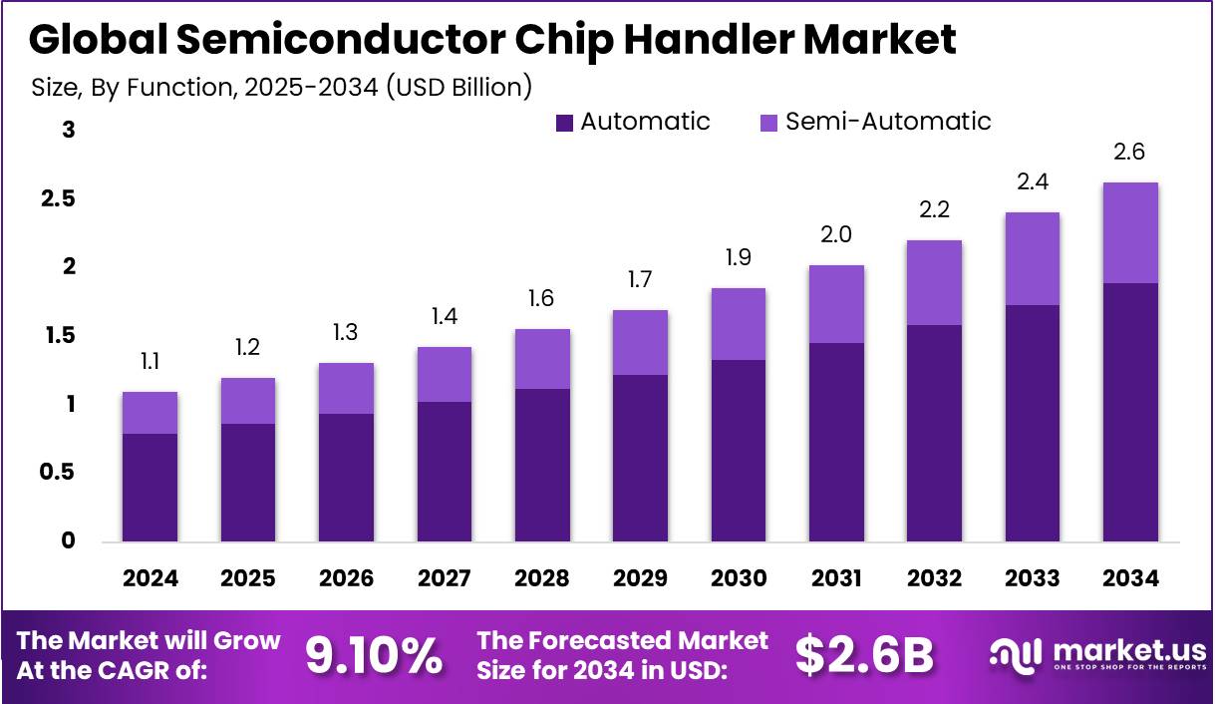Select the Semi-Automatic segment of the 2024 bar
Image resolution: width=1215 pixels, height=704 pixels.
pos(150,413)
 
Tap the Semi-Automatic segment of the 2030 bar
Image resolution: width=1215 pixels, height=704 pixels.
pos(739,324)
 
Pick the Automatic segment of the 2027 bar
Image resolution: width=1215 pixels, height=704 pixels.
pos(444,472)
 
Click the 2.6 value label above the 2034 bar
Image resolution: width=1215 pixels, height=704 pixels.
pos(1130,153)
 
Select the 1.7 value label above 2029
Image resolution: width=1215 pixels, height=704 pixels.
pos(640,280)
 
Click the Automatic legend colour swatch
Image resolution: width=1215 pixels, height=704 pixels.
pos(565,123)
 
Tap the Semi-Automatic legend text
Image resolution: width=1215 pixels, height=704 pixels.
pos(888,122)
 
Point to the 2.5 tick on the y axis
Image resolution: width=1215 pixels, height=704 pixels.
pos(60,198)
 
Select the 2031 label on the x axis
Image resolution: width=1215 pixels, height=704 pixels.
pos(836,579)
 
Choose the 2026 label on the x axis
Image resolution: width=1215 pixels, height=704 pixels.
pos(346,579)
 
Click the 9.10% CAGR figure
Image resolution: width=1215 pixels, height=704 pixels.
pos(374,655)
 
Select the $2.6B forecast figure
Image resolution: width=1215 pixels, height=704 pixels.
pos(864,655)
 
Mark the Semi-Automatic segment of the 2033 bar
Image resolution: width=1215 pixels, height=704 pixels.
pos(1032,259)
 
